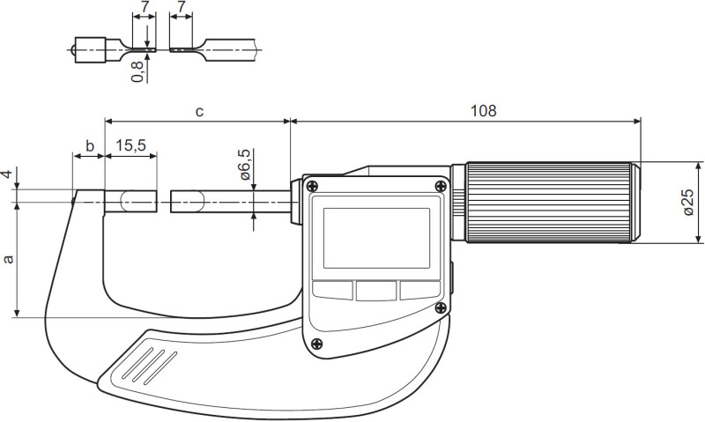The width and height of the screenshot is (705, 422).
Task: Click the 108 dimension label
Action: pos(483,110)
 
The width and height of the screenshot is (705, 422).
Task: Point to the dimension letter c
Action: pos(200,112)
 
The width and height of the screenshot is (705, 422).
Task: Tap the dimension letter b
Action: pos(90,145)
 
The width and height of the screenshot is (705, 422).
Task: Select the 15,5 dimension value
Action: pos(130,145)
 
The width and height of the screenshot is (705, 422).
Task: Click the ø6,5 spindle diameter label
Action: pos(246,164)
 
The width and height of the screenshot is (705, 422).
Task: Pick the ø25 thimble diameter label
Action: pos(688,203)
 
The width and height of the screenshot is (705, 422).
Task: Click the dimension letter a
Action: pos(8,259)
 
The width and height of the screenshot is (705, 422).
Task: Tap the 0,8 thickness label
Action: pos(137,71)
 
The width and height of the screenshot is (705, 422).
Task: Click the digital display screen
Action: pos(377,238)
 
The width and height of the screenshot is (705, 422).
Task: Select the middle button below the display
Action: pos(376,291)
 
